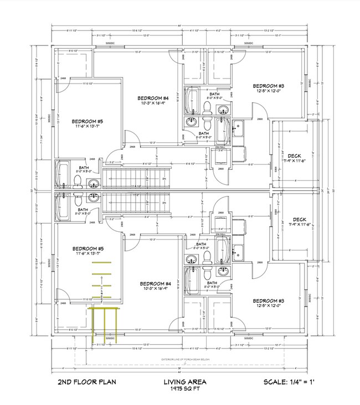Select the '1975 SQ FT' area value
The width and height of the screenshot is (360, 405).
pos(185,390)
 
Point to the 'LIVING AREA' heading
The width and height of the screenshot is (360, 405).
pos(185,382)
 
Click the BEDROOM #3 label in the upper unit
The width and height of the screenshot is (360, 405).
pos(269,85)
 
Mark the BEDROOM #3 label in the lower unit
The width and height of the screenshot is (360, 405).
pos(269,301)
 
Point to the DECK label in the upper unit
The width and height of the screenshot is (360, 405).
pos(295,155)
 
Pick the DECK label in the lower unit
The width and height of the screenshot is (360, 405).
pos(295,219)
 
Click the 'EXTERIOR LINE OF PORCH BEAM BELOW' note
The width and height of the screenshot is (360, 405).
pos(183,359)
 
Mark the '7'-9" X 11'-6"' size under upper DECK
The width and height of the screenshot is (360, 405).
pos(295,161)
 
